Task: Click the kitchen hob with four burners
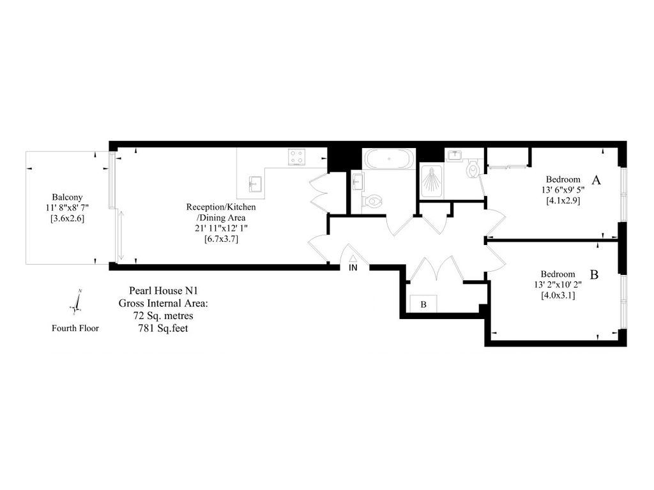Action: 297,157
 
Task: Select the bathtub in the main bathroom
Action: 388,159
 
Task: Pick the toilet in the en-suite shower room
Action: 473,168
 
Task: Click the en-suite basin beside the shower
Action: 454,155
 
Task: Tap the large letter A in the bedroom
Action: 596,181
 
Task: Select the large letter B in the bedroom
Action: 593,275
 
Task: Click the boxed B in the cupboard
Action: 423,304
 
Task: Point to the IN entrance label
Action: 353,268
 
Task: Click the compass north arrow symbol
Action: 77,302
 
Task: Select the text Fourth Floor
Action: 75,329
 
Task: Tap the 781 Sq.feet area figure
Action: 163,328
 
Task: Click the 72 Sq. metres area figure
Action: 163,315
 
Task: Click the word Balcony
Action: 67,197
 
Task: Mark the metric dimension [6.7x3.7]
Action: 220,239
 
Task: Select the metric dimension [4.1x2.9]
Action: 563,200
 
